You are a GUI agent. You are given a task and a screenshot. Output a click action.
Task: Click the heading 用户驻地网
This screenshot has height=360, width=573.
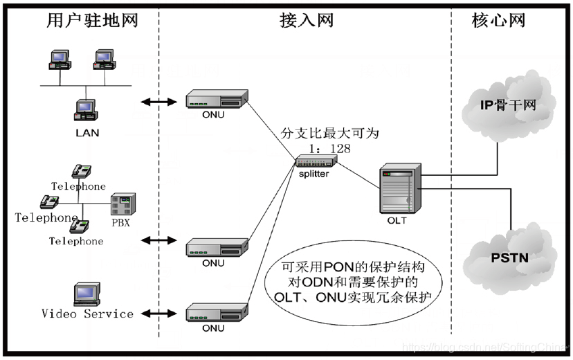(x=92, y=20)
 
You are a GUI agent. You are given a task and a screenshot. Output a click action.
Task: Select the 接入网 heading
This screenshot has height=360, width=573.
(x=306, y=20)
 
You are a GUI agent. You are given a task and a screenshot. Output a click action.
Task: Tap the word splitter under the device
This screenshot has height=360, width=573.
(x=314, y=174)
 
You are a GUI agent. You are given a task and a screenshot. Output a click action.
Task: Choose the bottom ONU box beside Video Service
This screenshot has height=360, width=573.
(x=217, y=314)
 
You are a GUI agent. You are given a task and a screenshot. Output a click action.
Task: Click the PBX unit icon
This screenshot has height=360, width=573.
(x=122, y=205)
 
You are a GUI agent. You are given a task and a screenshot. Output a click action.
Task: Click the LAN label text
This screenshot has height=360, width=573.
(x=87, y=133)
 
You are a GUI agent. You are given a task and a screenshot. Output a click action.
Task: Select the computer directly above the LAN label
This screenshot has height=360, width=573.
(x=87, y=111)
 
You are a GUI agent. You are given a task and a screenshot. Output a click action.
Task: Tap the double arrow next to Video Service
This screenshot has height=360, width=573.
(x=158, y=314)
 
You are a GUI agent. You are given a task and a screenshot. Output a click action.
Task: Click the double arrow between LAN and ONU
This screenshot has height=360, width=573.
(x=158, y=102)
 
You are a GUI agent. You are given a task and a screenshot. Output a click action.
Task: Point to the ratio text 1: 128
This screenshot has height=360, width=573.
(x=331, y=147)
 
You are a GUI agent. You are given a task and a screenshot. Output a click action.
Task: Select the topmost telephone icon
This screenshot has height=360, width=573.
(x=82, y=172)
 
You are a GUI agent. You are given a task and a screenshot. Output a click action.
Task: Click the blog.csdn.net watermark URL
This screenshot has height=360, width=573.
(x=484, y=346)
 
